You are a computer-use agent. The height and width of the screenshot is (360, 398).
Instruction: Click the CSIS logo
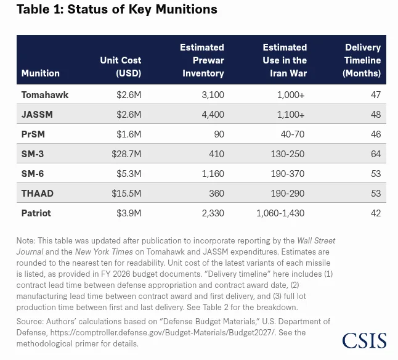364,341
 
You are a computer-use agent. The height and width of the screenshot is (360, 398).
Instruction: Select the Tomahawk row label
45,95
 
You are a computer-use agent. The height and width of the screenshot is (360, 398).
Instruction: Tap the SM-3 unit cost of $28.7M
126,154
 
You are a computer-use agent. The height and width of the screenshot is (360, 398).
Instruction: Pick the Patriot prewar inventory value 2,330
213,213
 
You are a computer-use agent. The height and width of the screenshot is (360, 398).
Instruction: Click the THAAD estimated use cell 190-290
288,194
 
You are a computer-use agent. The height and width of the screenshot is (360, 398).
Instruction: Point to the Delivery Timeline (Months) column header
362,60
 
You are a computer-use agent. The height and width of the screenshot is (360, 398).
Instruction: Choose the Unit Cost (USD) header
121,67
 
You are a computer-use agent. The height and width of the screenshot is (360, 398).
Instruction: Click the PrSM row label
33,134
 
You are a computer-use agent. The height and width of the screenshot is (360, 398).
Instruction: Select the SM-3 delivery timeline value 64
376,154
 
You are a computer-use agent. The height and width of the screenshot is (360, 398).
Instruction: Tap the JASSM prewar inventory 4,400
213,115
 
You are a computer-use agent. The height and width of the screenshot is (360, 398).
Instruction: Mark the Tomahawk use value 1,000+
291,95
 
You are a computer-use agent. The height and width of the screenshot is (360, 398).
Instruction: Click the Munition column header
41,73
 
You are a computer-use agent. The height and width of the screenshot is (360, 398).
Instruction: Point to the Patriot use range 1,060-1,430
280,213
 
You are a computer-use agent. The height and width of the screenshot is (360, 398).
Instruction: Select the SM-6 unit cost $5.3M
129,174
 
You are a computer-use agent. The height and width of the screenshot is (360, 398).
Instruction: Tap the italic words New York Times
104,252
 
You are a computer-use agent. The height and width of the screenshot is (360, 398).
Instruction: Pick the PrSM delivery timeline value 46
376,134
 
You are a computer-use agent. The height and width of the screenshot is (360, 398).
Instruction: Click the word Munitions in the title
186,9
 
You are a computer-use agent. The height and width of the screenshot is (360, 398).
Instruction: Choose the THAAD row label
38,194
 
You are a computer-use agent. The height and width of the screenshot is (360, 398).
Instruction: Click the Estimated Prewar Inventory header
202,60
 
